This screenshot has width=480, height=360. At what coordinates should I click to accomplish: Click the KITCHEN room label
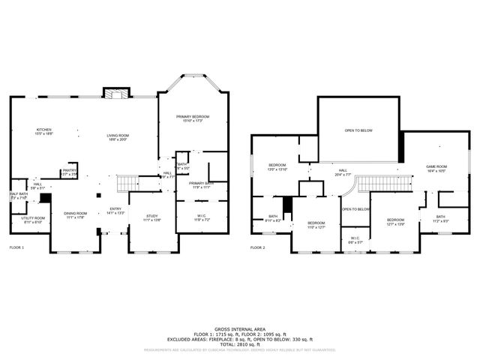pos(44,130)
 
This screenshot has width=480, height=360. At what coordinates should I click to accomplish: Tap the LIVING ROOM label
pos(118,136)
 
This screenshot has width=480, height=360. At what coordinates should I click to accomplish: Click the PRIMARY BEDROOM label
pos(193,117)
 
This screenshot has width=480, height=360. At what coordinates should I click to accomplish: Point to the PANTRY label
pos(69,170)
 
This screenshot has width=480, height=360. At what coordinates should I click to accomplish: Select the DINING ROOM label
pos(75,214)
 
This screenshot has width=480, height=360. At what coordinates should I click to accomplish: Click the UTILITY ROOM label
pos(34,219)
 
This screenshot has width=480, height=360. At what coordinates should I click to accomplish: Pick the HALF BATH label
pos(19,195)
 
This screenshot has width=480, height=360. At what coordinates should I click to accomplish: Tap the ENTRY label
pos(115,210)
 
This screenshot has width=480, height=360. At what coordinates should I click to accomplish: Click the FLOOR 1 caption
pos(16,247)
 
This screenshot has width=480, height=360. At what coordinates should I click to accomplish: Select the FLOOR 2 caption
pos(258,247)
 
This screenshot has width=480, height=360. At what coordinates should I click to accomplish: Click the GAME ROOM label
pos(436,167)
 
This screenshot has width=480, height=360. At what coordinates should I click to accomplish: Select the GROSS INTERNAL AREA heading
pos(240,329)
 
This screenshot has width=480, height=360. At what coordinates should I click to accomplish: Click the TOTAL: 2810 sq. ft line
pos(240,343)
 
